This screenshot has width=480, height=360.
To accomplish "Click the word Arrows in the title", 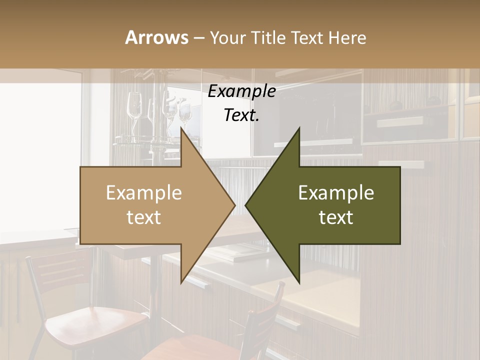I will click(x=156, y=37).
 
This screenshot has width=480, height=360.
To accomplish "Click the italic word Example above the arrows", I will click(x=241, y=91).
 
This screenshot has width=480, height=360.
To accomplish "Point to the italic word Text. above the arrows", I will click(x=241, y=115).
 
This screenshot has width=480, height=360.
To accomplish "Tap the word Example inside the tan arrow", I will click(x=144, y=192).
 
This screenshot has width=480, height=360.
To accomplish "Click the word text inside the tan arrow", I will click(x=144, y=217).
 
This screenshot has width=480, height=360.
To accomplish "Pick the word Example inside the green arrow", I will click(x=336, y=192).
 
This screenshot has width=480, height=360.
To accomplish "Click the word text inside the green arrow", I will click(x=336, y=217).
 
